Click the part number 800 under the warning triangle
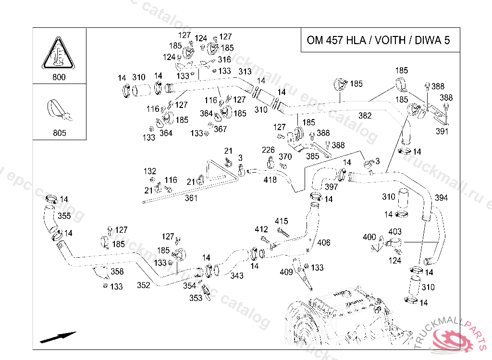coord(59,77)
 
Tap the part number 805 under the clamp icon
coord(59,133)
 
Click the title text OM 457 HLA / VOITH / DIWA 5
coord(378,40)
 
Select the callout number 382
coord(365,116)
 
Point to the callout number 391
coord(442,131)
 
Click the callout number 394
coord(441,198)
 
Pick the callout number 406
coord(324,243)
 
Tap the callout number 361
coord(191,198)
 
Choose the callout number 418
coord(271,180)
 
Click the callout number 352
coord(143,285)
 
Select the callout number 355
coord(64,216)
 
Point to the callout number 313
coord(245,72)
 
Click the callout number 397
coord(332,187)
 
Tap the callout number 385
coord(312,156)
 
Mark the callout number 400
coord(369,237)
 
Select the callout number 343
coord(237,276)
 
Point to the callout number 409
coord(286,272)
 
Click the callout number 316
coord(224,60)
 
